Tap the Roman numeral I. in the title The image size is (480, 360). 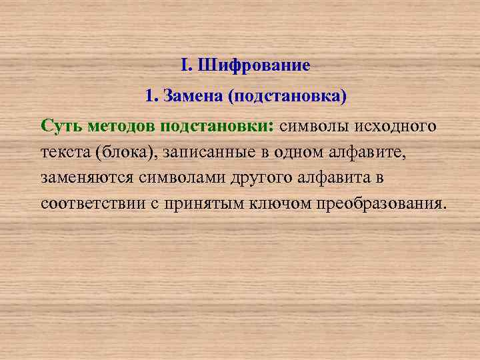(x=185, y=66)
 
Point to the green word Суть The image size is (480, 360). (x=61, y=126)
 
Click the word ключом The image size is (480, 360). (x=279, y=203)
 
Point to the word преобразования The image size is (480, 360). (x=379, y=203)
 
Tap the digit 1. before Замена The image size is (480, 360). (x=151, y=97)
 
